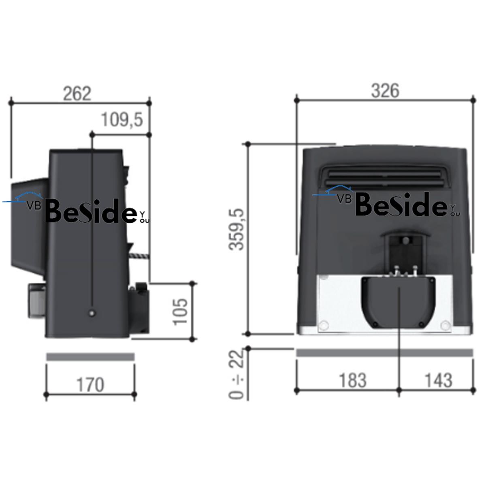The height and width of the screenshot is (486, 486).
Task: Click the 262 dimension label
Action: [77, 94]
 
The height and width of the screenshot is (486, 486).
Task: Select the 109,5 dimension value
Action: [122, 119]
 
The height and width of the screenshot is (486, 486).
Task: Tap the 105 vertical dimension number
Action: [181, 312]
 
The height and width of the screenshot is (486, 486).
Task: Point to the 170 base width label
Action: [90, 385]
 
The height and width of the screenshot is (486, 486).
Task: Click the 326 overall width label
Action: [385, 91]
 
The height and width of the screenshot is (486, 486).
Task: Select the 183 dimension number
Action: [353, 380]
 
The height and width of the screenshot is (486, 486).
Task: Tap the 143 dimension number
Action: [439, 380]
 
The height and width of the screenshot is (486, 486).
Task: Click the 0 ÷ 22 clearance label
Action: [236, 373]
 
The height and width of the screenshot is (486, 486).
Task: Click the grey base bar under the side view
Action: [90, 357]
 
